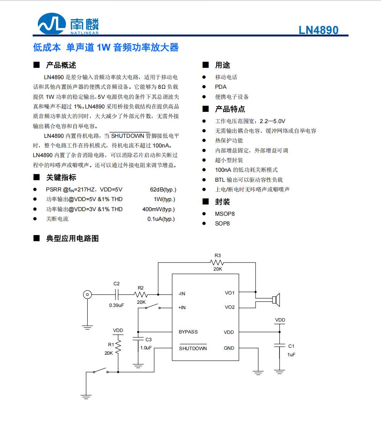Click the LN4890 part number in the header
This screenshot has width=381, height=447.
[x=318, y=30]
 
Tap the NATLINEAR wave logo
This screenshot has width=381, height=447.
[x=51, y=24]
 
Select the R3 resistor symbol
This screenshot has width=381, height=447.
[x=217, y=262]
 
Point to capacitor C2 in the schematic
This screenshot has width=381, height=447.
[x=117, y=295]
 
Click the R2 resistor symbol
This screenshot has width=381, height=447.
[x=141, y=295]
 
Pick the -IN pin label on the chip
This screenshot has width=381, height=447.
[x=182, y=294]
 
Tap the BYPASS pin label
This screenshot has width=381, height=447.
[x=188, y=332]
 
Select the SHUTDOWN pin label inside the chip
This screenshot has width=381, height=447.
[x=193, y=348]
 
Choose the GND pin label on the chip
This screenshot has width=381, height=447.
[x=229, y=348]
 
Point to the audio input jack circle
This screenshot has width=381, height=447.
[x=88, y=295]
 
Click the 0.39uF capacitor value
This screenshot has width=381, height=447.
[x=117, y=305]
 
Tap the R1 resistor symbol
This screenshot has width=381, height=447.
[x=118, y=346]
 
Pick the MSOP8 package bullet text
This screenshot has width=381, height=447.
[x=225, y=213]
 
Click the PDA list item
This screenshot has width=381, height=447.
[x=220, y=87]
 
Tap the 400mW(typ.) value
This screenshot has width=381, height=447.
[x=158, y=209]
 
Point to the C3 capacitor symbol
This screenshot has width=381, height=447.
[x=138, y=339]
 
